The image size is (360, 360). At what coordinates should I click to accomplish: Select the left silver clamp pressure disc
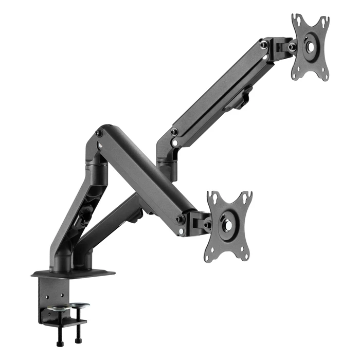pos(61,308)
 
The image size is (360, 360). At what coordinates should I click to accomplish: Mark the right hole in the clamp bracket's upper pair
pos(62,296)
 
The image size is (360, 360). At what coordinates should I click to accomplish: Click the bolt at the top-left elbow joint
pos(99,133)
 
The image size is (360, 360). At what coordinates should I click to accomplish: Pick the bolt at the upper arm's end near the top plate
pos(264,45)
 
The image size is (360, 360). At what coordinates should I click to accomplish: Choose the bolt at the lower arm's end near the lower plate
pos(181,219)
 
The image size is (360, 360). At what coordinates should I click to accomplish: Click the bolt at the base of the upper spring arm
pos(174,132)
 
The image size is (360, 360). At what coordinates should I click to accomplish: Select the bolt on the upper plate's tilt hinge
pos(292,47)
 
